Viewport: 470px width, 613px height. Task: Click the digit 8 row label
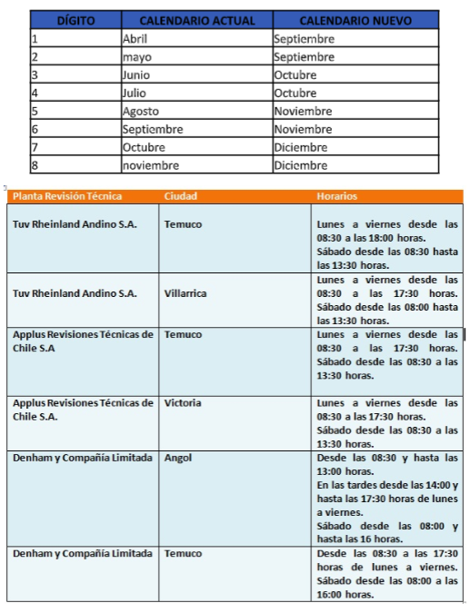[35, 166]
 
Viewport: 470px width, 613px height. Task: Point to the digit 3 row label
[35, 75]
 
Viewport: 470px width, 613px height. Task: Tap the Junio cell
[136, 75]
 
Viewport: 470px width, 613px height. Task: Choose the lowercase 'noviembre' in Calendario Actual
[151, 166]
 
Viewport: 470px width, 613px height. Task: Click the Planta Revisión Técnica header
[67, 196]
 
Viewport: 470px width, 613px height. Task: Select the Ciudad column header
[180, 196]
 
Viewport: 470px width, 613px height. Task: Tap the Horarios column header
[336, 196]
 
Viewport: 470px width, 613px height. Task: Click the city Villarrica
[185, 293]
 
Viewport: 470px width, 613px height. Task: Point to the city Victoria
[183, 403]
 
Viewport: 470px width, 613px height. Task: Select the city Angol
[178, 458]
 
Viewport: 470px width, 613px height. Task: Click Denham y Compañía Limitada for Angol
[83, 458]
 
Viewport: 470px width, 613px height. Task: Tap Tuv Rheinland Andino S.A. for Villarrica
[75, 293]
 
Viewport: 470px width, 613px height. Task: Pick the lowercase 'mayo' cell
[137, 57]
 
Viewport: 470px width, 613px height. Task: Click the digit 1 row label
[35, 39]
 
